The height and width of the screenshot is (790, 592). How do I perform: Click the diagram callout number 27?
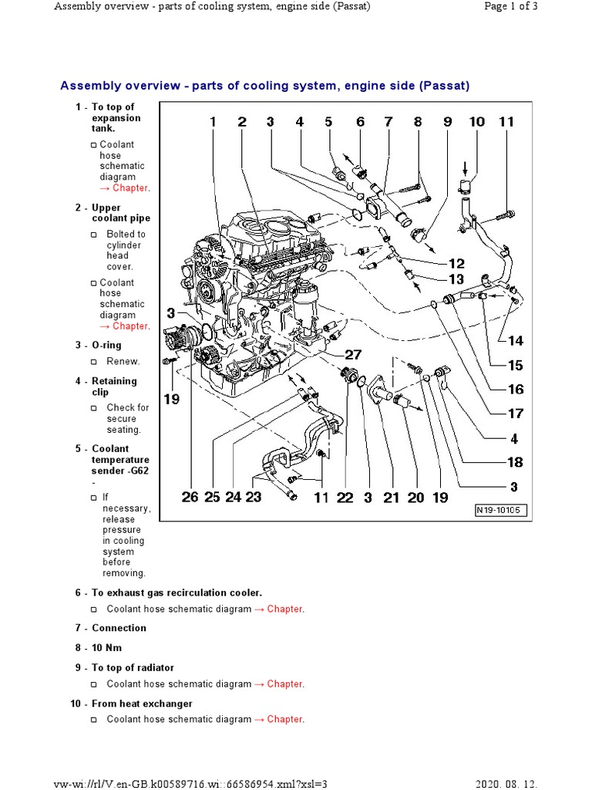click(352, 355)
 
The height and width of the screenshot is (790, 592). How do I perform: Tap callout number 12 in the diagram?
click(456, 263)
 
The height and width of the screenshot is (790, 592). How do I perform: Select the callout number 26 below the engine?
click(190, 498)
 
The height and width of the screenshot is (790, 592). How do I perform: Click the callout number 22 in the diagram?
click(345, 498)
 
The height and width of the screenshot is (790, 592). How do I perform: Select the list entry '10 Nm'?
click(107, 648)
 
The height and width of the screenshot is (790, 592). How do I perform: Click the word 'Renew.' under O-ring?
click(123, 361)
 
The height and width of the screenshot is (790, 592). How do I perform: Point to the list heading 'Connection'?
click(119, 628)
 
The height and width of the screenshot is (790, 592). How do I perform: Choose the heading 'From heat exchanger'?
click(142, 704)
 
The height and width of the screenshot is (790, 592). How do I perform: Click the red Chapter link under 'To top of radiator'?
click(284, 684)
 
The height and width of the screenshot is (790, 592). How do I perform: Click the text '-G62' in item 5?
click(127, 471)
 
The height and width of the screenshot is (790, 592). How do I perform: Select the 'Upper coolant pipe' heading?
click(120, 213)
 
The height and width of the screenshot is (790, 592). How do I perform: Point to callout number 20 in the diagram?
click(415, 498)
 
